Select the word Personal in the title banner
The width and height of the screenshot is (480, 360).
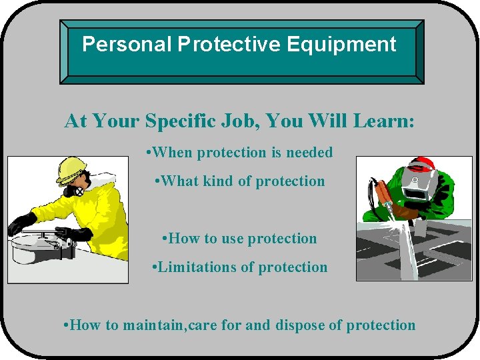(x=127, y=45)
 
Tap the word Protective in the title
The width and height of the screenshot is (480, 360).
(x=230, y=45)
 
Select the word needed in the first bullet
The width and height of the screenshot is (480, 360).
(x=309, y=153)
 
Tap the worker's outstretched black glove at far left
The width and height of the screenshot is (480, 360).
(x=21, y=223)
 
